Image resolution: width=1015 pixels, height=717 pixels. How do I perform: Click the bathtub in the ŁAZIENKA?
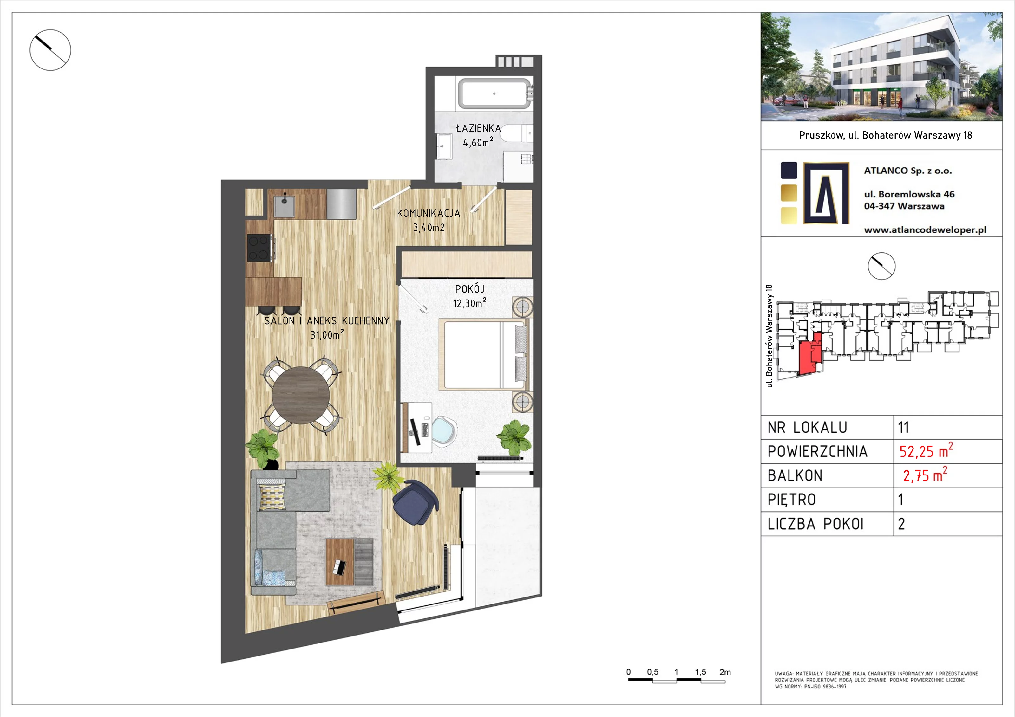pos(494,94)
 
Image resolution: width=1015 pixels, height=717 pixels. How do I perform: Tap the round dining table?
pos(301,395)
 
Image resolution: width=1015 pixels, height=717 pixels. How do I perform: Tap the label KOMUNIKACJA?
pos(429,213)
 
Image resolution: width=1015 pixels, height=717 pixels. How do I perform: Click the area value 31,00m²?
pos(327,334)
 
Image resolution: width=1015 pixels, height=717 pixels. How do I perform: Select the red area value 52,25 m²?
pos(926,451)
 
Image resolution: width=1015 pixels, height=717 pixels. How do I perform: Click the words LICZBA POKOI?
pos(815,524)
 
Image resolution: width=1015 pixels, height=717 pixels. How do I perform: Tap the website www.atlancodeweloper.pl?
pos(925,230)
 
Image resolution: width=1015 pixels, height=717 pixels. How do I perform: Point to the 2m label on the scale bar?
pos(725,672)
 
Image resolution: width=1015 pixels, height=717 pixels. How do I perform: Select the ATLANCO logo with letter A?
pos(826,193)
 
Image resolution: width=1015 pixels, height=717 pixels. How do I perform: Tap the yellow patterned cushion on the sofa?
pos(272,497)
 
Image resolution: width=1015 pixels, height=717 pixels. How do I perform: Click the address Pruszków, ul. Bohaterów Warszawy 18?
pos(886,135)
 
